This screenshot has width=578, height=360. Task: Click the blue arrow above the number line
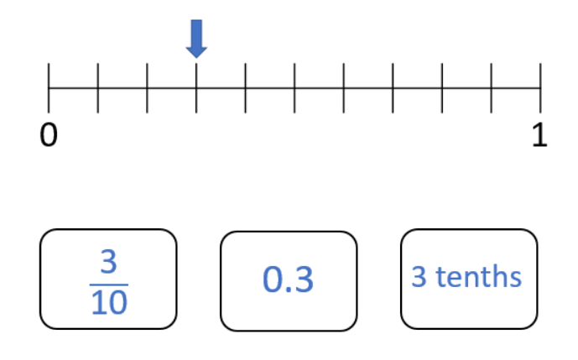tap(196, 39)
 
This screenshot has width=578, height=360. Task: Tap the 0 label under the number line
tap(49, 135)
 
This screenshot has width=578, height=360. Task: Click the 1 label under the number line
tap(539, 135)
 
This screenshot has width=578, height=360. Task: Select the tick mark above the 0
tap(49, 88)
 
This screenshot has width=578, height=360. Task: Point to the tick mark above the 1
tap(540, 88)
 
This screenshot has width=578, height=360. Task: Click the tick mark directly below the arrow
tap(196, 88)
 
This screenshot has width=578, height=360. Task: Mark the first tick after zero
tap(98, 88)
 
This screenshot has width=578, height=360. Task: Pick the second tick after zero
tap(147, 88)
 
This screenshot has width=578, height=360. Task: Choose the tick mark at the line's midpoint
tap(294, 88)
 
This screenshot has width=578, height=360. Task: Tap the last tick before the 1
tap(492, 88)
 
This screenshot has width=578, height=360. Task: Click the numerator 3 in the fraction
tap(109, 262)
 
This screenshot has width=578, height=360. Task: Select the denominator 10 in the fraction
tap(109, 302)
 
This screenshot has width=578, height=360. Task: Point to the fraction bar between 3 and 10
tap(109, 284)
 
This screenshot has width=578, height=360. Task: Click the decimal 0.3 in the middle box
tap(289, 279)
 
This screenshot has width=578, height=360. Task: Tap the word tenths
tap(479, 276)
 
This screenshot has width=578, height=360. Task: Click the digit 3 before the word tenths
tap(419, 276)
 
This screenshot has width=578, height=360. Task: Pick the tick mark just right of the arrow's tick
tap(246, 88)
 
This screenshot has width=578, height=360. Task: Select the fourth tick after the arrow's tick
tap(393, 88)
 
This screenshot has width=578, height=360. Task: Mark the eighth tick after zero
tap(442, 88)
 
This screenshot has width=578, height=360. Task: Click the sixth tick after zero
tap(344, 88)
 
